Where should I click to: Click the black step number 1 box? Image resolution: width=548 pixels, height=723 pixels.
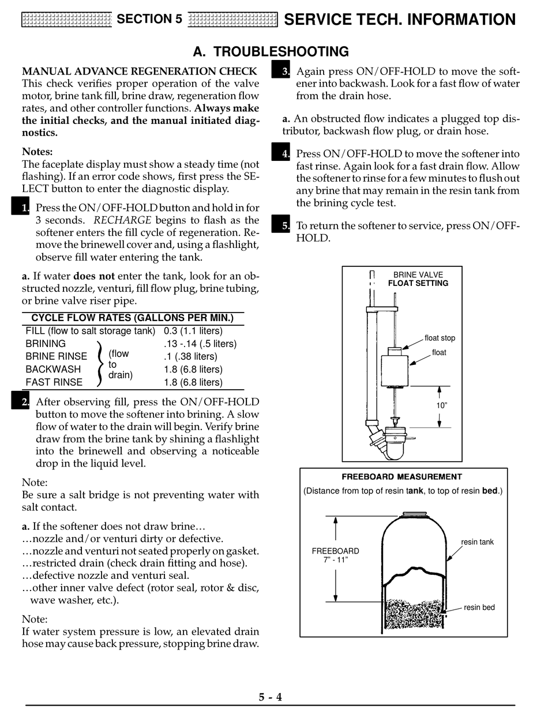21,206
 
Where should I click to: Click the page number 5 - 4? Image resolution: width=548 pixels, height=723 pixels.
270,697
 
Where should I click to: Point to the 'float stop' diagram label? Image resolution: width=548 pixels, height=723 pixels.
440,338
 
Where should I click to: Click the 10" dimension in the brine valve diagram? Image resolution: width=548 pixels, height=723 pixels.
441,405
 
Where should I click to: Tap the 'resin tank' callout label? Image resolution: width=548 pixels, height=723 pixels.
477,542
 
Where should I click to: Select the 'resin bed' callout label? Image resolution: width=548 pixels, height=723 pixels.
479,607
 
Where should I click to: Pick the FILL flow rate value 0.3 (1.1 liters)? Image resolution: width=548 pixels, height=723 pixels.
193,331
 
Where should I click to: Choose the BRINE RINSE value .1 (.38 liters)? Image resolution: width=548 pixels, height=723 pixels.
190,356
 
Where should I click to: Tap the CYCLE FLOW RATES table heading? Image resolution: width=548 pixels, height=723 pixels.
132,318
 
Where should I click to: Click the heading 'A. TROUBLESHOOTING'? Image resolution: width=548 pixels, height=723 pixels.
271,52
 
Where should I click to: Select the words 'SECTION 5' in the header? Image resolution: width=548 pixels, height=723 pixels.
149,19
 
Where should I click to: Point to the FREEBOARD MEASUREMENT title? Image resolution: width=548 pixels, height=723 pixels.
401,477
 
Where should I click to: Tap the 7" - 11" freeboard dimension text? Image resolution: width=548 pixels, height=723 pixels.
336,559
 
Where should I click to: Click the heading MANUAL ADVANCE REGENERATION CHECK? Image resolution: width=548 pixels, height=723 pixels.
139,71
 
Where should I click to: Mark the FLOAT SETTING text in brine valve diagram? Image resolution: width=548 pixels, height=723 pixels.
418,283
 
